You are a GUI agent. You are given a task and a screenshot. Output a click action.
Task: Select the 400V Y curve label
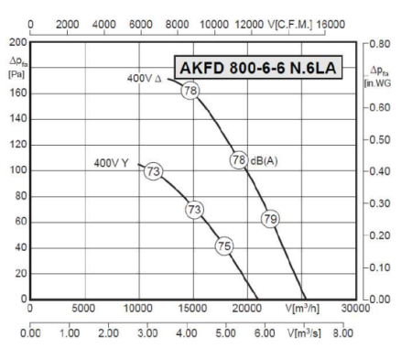pos(111,163)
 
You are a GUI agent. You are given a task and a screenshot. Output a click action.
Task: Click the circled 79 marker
pos(270,218)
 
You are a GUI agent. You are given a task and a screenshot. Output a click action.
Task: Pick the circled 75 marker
pos(224,245)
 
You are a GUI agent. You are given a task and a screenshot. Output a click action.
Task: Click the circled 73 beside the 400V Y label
pos(154,171)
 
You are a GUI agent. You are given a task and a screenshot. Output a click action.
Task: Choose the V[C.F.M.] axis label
pos(295,25)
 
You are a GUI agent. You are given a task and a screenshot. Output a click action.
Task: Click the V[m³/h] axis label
pos(302,309)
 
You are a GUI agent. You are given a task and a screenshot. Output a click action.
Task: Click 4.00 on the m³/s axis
pos(187,334)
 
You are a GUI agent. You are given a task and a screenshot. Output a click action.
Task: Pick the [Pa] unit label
pos(15,72)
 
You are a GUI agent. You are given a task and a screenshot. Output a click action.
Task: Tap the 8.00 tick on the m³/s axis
pos(342,334)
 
